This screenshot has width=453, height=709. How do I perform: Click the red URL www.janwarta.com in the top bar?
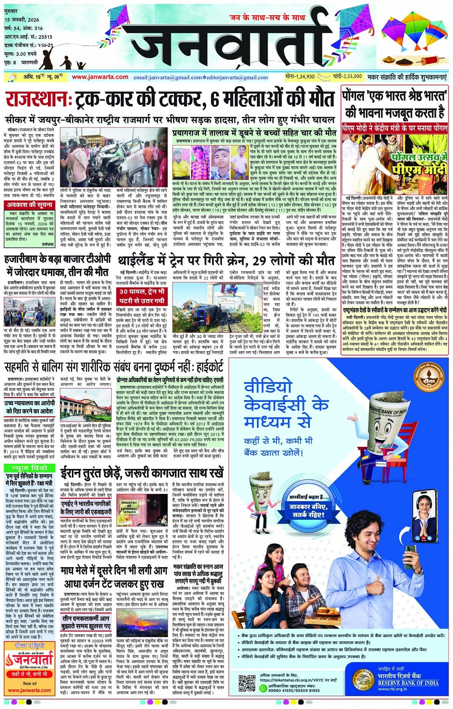coord(100,77)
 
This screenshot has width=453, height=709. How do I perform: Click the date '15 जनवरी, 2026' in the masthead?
coord(22,20)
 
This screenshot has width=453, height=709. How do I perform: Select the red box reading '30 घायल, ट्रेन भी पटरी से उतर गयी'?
coord(142,296)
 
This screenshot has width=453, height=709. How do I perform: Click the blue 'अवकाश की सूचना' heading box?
coord(30,206)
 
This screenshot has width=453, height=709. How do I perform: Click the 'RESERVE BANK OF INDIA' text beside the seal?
coord(407,683)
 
